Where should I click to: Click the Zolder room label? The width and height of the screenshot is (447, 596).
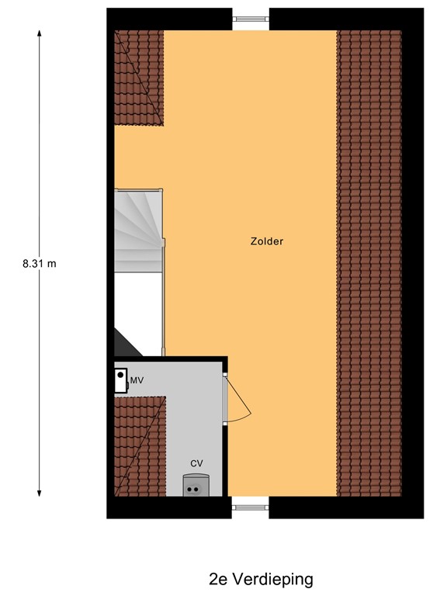pos(267,241)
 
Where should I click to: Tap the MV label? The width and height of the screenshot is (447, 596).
pos(137,380)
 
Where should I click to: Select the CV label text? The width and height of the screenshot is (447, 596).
pos(197,464)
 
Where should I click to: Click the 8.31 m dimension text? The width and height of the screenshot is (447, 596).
pos(40,263)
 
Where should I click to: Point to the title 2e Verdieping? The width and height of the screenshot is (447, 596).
pos(261,579)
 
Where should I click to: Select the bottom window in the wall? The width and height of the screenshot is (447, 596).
pos(250,508)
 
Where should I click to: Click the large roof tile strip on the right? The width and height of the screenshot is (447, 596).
pos(369,263)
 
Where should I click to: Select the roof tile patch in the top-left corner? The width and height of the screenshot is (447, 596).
pos(137,76)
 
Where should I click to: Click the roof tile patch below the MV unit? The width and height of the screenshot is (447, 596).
pos(138,446)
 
